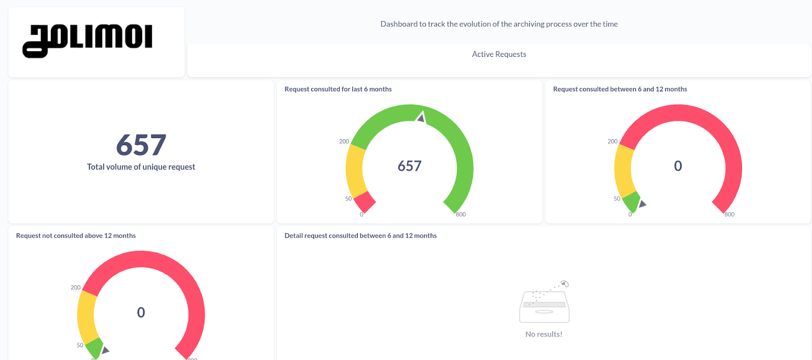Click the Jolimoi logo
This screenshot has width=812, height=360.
[x=87, y=40]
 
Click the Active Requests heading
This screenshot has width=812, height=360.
[x=499, y=54]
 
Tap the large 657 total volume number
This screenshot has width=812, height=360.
[x=141, y=145]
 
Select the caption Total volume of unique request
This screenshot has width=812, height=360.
[x=141, y=167]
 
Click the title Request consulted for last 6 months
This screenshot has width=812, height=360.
[x=338, y=89]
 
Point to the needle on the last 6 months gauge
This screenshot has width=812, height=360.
[x=421, y=118]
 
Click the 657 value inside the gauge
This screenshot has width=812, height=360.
[x=410, y=166]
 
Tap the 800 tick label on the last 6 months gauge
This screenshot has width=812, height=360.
[x=461, y=215]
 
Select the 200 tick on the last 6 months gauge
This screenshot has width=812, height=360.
[x=344, y=142]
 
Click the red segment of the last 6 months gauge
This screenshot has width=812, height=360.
[x=364, y=202]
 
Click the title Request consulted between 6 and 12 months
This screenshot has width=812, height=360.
[x=620, y=89]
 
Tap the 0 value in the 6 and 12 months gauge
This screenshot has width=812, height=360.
[x=678, y=166]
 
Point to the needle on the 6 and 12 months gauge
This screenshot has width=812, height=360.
[x=642, y=204]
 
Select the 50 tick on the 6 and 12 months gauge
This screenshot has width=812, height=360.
[x=617, y=199]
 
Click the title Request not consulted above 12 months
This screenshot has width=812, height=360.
[x=76, y=236]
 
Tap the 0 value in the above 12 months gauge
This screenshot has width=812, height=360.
[x=141, y=312]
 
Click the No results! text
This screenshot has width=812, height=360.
[x=544, y=334]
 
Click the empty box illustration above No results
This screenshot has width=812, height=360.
[x=544, y=305]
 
